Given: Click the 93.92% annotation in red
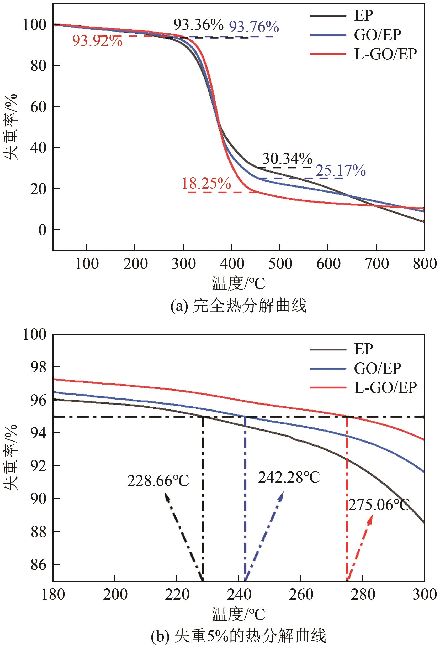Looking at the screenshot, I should point(97,41).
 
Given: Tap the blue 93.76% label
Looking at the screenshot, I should point(254,27).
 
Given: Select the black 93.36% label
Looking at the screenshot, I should point(198,25).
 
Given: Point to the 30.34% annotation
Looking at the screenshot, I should point(287,159).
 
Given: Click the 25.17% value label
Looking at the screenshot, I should point(340,170).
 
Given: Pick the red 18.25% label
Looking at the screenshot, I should point(206,184).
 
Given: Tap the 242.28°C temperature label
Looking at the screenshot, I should point(289,477).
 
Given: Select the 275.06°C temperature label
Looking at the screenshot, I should point(379,505).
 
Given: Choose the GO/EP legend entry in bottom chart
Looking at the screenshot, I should point(377,368).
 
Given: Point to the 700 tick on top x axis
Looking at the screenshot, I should point(376,263).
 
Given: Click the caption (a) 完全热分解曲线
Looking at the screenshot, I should point(238,305).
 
